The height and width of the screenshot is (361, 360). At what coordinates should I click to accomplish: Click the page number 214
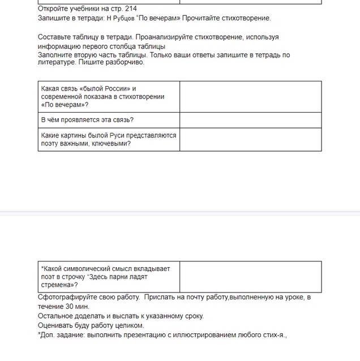[x=130, y=9]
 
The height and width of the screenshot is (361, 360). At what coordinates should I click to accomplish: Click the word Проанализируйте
[x=170, y=37]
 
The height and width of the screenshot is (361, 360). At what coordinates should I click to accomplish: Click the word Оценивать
[x=57, y=325]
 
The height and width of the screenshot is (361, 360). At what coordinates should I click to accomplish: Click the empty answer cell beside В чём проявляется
[x=250, y=120]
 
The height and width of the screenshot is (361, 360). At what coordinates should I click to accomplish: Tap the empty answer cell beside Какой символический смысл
[x=250, y=277]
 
